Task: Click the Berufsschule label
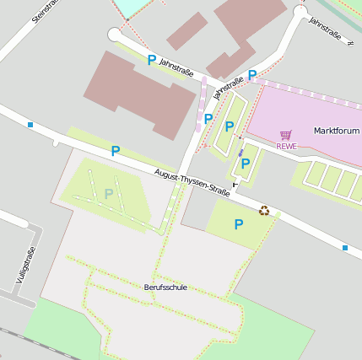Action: pyautogui.click(x=165, y=287)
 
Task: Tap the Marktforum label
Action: pyautogui.click(x=336, y=132)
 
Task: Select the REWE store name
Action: pyautogui.click(x=287, y=146)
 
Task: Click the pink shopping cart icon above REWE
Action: pyautogui.click(x=286, y=134)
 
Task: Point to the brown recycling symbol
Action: pyautogui.click(x=264, y=211)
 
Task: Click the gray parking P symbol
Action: pyautogui.click(x=108, y=194)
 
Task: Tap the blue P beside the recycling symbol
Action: pyautogui.click(x=239, y=224)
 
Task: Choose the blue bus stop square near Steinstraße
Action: pyautogui.click(x=30, y=125)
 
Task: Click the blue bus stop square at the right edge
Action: pyautogui.click(x=345, y=247)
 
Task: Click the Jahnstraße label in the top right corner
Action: pyautogui.click(x=325, y=28)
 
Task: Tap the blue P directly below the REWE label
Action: pyautogui.click(x=246, y=164)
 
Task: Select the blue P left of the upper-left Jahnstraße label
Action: pyautogui.click(x=152, y=61)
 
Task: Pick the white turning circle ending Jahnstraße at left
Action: pyautogui.click(x=115, y=35)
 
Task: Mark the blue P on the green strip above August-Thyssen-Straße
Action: pyautogui.click(x=115, y=151)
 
